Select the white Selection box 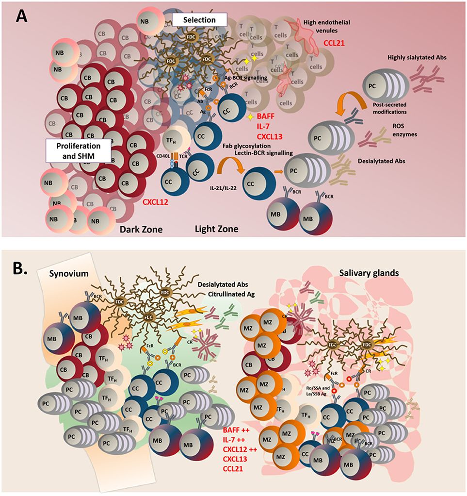(x=200, y=19)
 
